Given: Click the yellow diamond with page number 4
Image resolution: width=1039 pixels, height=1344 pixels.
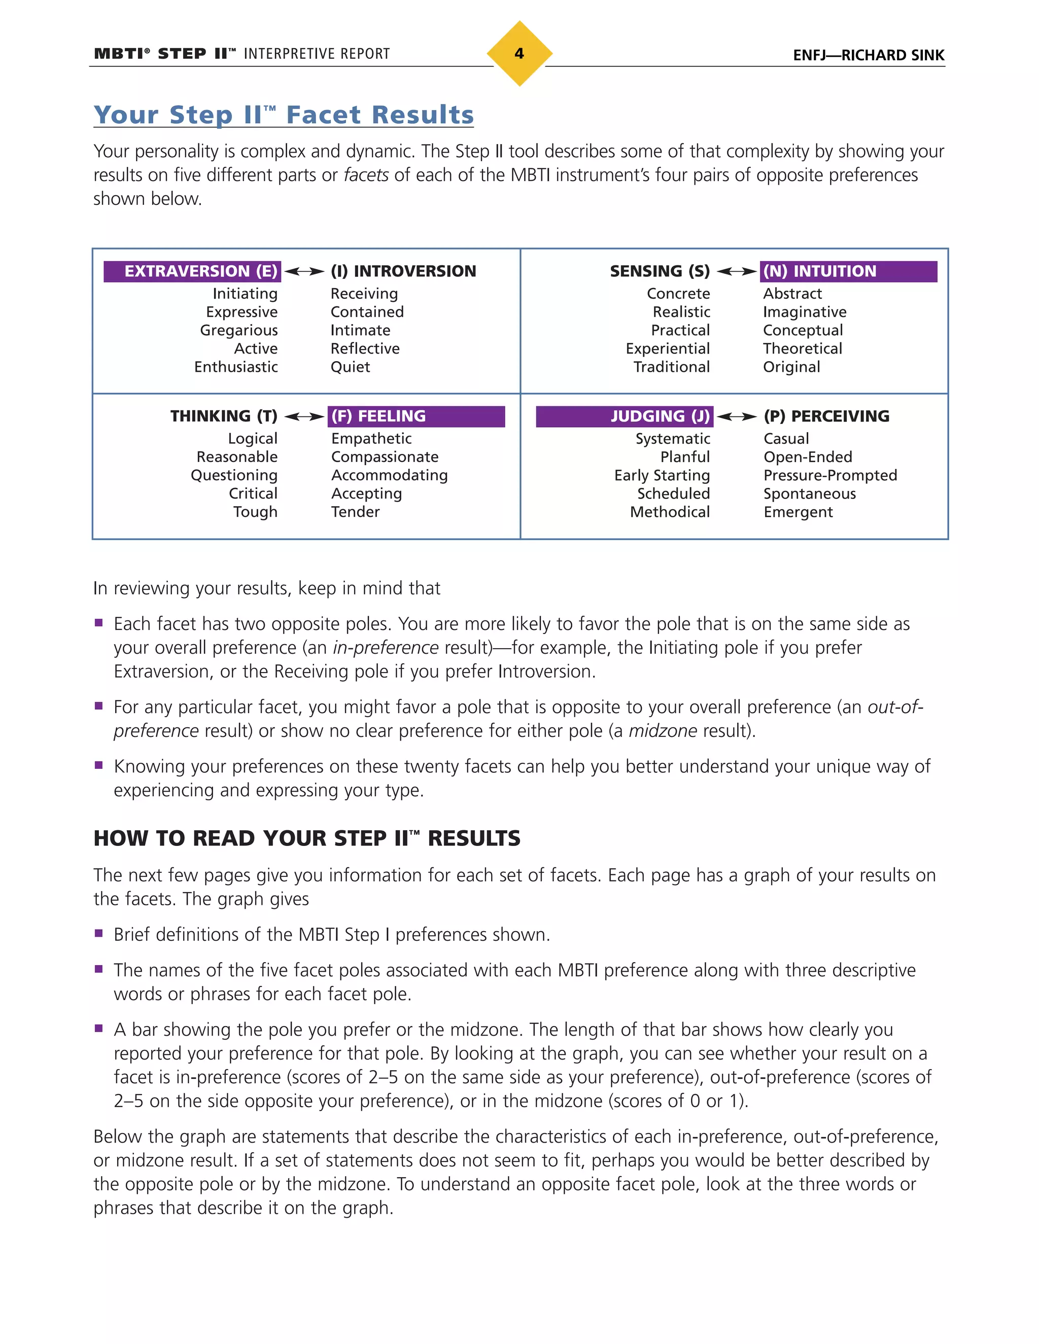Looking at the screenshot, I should tap(519, 54).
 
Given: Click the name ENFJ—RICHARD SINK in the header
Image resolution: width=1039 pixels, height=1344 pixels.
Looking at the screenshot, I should tap(868, 55).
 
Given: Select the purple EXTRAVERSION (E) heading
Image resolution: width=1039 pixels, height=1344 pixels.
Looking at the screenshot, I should tap(192, 271).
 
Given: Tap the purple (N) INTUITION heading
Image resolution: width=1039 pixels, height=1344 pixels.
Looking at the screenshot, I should tap(848, 271).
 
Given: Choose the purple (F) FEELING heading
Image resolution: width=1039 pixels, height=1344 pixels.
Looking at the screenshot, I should tap(416, 416).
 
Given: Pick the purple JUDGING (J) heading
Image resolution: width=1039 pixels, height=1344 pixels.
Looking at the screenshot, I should tap(624, 416).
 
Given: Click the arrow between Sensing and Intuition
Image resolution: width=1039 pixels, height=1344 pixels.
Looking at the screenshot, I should tap(736, 271).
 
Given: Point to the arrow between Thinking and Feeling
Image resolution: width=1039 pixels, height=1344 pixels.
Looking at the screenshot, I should tap(304, 416).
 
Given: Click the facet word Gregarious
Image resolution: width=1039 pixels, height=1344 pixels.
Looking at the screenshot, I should tap(239, 331).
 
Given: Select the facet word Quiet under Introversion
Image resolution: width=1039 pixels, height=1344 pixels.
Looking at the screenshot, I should tap(350, 367).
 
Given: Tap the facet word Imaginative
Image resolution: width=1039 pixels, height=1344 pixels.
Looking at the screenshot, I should tap(805, 312).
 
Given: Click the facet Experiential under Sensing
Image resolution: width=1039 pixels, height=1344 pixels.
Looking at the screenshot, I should tap(667, 349).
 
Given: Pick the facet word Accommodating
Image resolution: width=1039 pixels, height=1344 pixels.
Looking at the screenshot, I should tap(389, 476).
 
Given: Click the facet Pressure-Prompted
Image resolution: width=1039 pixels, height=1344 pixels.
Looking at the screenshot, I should tap(829, 476).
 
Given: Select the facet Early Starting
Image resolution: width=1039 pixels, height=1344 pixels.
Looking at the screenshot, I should tap(662, 476).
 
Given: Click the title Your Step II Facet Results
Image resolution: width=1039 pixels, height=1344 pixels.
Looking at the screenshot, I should tap(283, 115).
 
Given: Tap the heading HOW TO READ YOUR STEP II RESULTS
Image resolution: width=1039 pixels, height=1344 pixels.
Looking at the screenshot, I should tap(306, 838).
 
